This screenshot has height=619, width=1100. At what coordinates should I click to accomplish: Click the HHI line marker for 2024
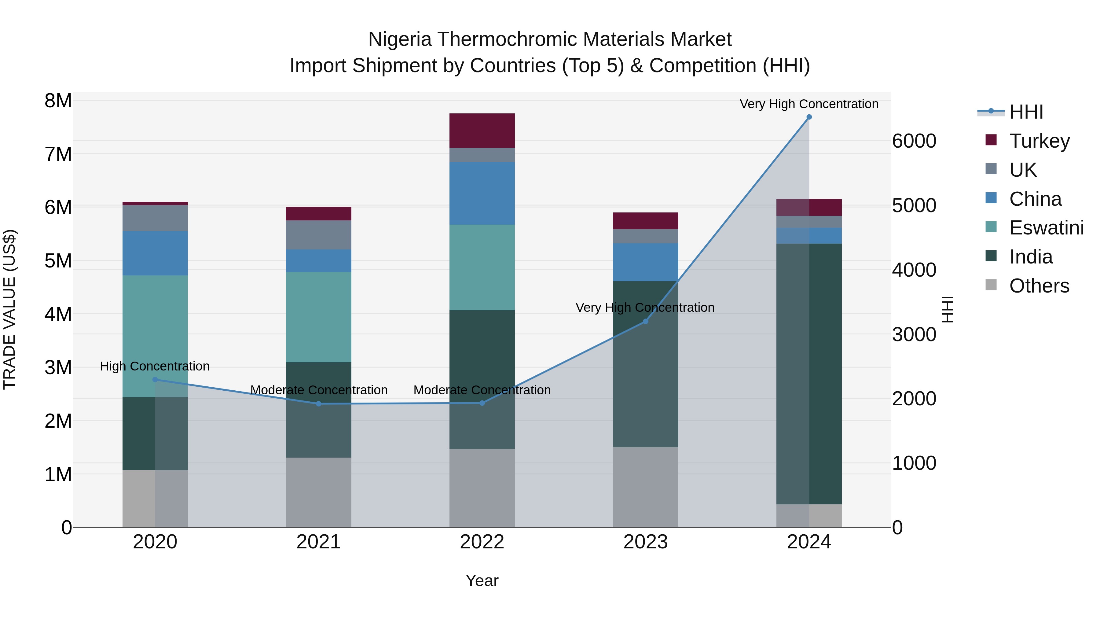(809, 117)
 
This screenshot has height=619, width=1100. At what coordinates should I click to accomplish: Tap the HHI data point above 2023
(645, 321)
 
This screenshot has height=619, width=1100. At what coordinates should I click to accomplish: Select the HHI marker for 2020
(155, 379)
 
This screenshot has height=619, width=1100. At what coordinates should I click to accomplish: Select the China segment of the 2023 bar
(645, 262)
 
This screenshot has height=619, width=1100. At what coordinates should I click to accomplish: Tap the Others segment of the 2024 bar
(809, 516)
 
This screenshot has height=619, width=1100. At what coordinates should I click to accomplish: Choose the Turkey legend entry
(1039, 141)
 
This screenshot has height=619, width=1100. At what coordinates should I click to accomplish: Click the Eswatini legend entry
(1046, 228)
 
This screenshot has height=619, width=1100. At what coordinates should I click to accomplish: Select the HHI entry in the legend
(1026, 112)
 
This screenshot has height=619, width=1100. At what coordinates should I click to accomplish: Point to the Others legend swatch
(991, 285)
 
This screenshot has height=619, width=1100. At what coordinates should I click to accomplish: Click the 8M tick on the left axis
(58, 101)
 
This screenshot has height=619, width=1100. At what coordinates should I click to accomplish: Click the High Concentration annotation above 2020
(155, 366)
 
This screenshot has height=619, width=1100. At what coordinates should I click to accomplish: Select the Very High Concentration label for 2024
(809, 104)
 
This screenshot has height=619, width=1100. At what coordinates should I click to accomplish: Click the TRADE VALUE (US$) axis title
(9, 309)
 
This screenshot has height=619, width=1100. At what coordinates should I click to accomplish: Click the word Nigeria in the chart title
(399, 39)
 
